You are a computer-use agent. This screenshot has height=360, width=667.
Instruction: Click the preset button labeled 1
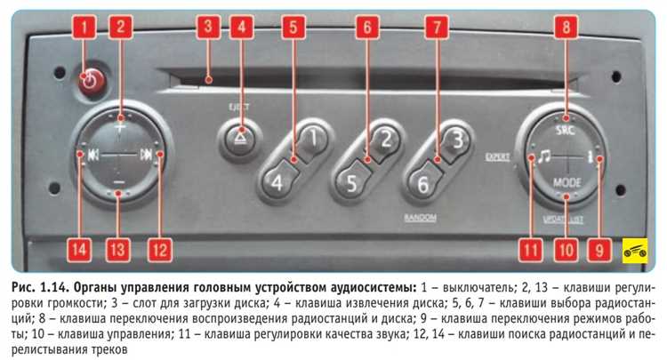(311, 140)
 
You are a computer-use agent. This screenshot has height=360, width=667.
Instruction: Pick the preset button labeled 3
(453, 140)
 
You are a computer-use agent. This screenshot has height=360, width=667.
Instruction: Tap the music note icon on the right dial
(540, 157)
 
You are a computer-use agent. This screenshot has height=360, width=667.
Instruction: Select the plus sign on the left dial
(120, 126)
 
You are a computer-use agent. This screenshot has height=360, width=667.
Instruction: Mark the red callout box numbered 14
(79, 250)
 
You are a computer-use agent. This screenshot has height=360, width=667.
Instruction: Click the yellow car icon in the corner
(635, 251)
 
